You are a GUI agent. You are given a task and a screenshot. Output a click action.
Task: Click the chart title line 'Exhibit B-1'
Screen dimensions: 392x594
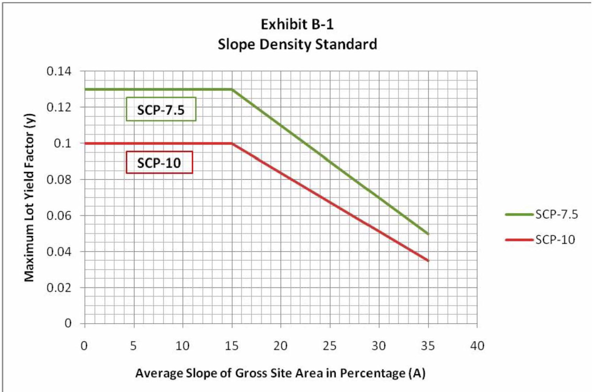(x=297, y=24)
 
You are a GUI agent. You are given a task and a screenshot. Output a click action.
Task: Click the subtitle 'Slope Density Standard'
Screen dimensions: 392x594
(x=297, y=44)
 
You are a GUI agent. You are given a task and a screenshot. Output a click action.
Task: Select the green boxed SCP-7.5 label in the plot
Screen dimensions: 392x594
(x=161, y=109)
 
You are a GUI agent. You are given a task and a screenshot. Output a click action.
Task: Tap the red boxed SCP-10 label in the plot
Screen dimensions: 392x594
(x=159, y=163)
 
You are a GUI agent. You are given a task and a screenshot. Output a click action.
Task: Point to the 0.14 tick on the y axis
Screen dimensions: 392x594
(x=59, y=71)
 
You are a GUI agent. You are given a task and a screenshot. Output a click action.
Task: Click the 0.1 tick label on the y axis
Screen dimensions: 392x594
(x=62, y=143)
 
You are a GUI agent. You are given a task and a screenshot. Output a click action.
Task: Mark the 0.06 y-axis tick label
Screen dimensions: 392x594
(x=59, y=215)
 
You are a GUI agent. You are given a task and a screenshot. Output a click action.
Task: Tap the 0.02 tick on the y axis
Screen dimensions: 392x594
(x=59, y=288)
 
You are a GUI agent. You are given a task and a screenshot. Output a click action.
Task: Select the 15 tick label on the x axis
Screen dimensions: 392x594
(x=232, y=346)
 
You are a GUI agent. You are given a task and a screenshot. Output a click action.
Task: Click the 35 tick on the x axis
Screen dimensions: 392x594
(x=428, y=346)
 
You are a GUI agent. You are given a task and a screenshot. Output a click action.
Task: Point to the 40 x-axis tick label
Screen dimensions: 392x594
(x=477, y=346)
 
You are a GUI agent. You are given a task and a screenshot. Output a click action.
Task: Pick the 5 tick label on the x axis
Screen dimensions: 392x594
(x=133, y=346)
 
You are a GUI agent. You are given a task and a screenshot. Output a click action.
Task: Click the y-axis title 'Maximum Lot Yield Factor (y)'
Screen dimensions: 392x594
(x=29, y=197)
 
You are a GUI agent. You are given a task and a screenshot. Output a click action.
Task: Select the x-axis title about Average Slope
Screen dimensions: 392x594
(x=280, y=373)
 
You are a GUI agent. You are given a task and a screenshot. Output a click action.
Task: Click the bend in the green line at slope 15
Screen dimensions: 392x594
(x=232, y=89)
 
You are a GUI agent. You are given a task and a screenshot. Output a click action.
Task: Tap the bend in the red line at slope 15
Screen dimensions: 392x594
(x=232, y=143)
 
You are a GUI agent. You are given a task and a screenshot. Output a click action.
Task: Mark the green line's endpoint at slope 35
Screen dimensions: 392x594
(x=428, y=234)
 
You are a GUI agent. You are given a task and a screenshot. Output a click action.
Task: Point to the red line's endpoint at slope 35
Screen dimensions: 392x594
(x=428, y=260)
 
